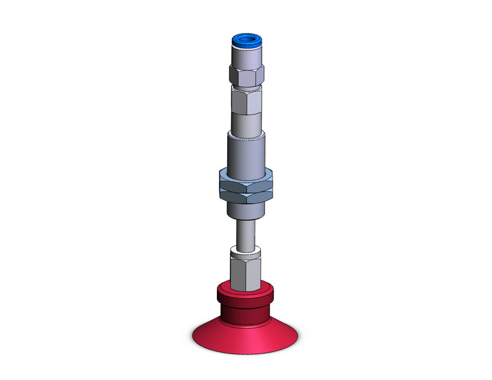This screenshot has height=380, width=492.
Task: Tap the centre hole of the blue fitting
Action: tap(247, 40)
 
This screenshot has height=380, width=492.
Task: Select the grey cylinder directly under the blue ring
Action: tap(246, 57)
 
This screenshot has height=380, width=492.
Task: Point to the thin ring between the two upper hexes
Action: tap(246, 89)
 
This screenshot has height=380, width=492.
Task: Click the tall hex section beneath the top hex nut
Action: tap(246, 102)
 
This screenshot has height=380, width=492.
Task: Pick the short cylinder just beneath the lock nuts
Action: tap(246, 208)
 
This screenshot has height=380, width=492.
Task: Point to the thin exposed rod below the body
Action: tap(246, 233)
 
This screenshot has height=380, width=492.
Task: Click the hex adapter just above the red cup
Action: tap(246, 272)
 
